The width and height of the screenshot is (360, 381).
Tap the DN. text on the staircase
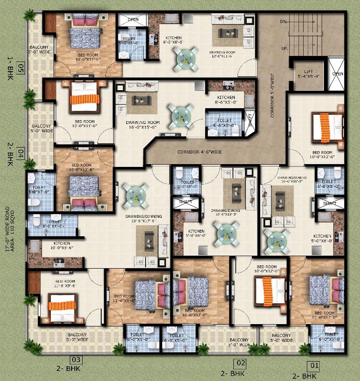click(x=283, y=22)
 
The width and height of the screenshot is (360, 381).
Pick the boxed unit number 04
click(x=21, y=152)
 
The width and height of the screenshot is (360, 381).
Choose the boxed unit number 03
click(x=76, y=359)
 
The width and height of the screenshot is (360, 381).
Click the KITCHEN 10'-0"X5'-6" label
click(x=61, y=246)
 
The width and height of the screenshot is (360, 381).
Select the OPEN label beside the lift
click(x=337, y=74)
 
